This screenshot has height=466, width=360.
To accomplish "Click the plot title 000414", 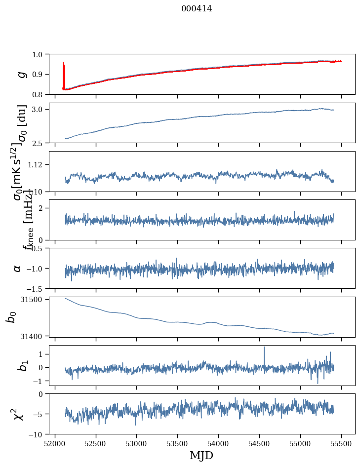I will pyautogui.click(x=197, y=8).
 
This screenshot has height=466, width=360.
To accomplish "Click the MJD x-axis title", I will pyautogui.click(x=201, y=456).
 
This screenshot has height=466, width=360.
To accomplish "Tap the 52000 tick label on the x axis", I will pyautogui.click(x=55, y=444).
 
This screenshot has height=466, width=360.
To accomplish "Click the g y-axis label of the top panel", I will pyautogui.click(x=21, y=74).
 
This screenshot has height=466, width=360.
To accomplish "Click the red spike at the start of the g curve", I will pyautogui.click(x=64, y=69).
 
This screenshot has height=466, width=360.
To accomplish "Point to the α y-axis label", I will pyautogui.click(x=18, y=268).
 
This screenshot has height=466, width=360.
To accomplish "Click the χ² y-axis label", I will pyautogui.click(x=19, y=414).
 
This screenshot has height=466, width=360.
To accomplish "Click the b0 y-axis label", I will pyautogui.click(x=11, y=316).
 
